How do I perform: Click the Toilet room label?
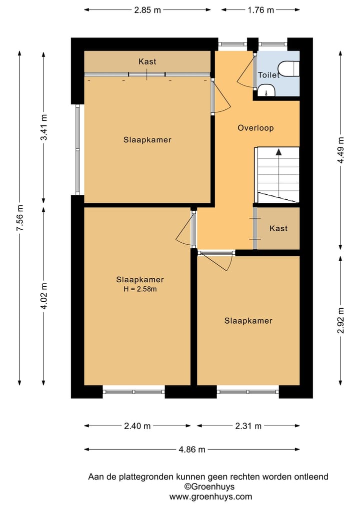[268, 75]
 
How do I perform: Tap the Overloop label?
[255, 128]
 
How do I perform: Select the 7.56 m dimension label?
[20, 218]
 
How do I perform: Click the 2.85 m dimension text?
[147, 10]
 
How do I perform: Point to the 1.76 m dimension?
[261, 10]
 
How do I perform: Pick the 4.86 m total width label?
[192, 450]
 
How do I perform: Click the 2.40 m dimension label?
[137, 426]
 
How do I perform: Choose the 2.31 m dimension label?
[248, 426]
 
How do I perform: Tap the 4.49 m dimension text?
[340, 150]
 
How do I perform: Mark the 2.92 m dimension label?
[340, 320]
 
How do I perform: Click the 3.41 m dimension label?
[44, 127]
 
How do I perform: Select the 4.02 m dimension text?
[44, 296]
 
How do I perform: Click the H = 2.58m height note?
[140, 289]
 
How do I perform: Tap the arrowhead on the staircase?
[278, 152]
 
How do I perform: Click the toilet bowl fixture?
[289, 68]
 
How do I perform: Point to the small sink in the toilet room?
[266, 90]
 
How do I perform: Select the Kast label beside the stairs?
[278, 228]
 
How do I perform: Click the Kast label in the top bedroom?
[147, 61]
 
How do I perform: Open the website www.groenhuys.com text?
[210, 497]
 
